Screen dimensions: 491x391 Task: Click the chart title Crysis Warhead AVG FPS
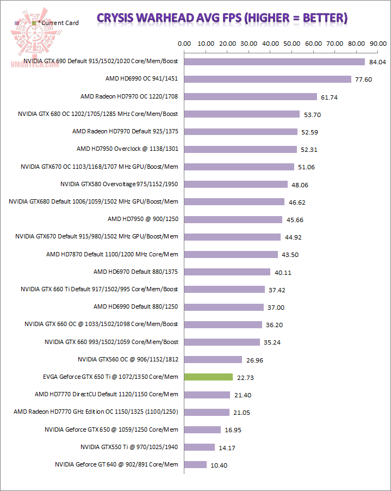tap(222, 18)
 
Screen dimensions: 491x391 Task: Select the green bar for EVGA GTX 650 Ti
tap(209, 377)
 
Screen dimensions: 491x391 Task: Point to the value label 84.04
tap(377, 62)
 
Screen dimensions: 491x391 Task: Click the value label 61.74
tap(329, 97)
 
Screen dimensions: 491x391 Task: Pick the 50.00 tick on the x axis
tap(291, 43)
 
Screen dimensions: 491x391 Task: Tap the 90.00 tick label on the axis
tap(377, 43)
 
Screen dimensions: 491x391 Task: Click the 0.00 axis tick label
tap(185, 43)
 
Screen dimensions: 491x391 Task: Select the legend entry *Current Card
tap(57, 23)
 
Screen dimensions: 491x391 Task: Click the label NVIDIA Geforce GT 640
tap(116, 464)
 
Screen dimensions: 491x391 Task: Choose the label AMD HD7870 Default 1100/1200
tap(112, 254)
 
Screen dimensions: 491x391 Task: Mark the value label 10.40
tap(219, 465)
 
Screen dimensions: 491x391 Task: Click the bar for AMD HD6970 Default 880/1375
tap(227, 272)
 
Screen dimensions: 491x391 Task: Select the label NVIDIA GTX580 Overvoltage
tap(119, 184)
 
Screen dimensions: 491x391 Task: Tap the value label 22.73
tap(245, 377)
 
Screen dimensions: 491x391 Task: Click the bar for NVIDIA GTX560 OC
tap(213, 359)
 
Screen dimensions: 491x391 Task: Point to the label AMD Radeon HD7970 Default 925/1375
tap(125, 131)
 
